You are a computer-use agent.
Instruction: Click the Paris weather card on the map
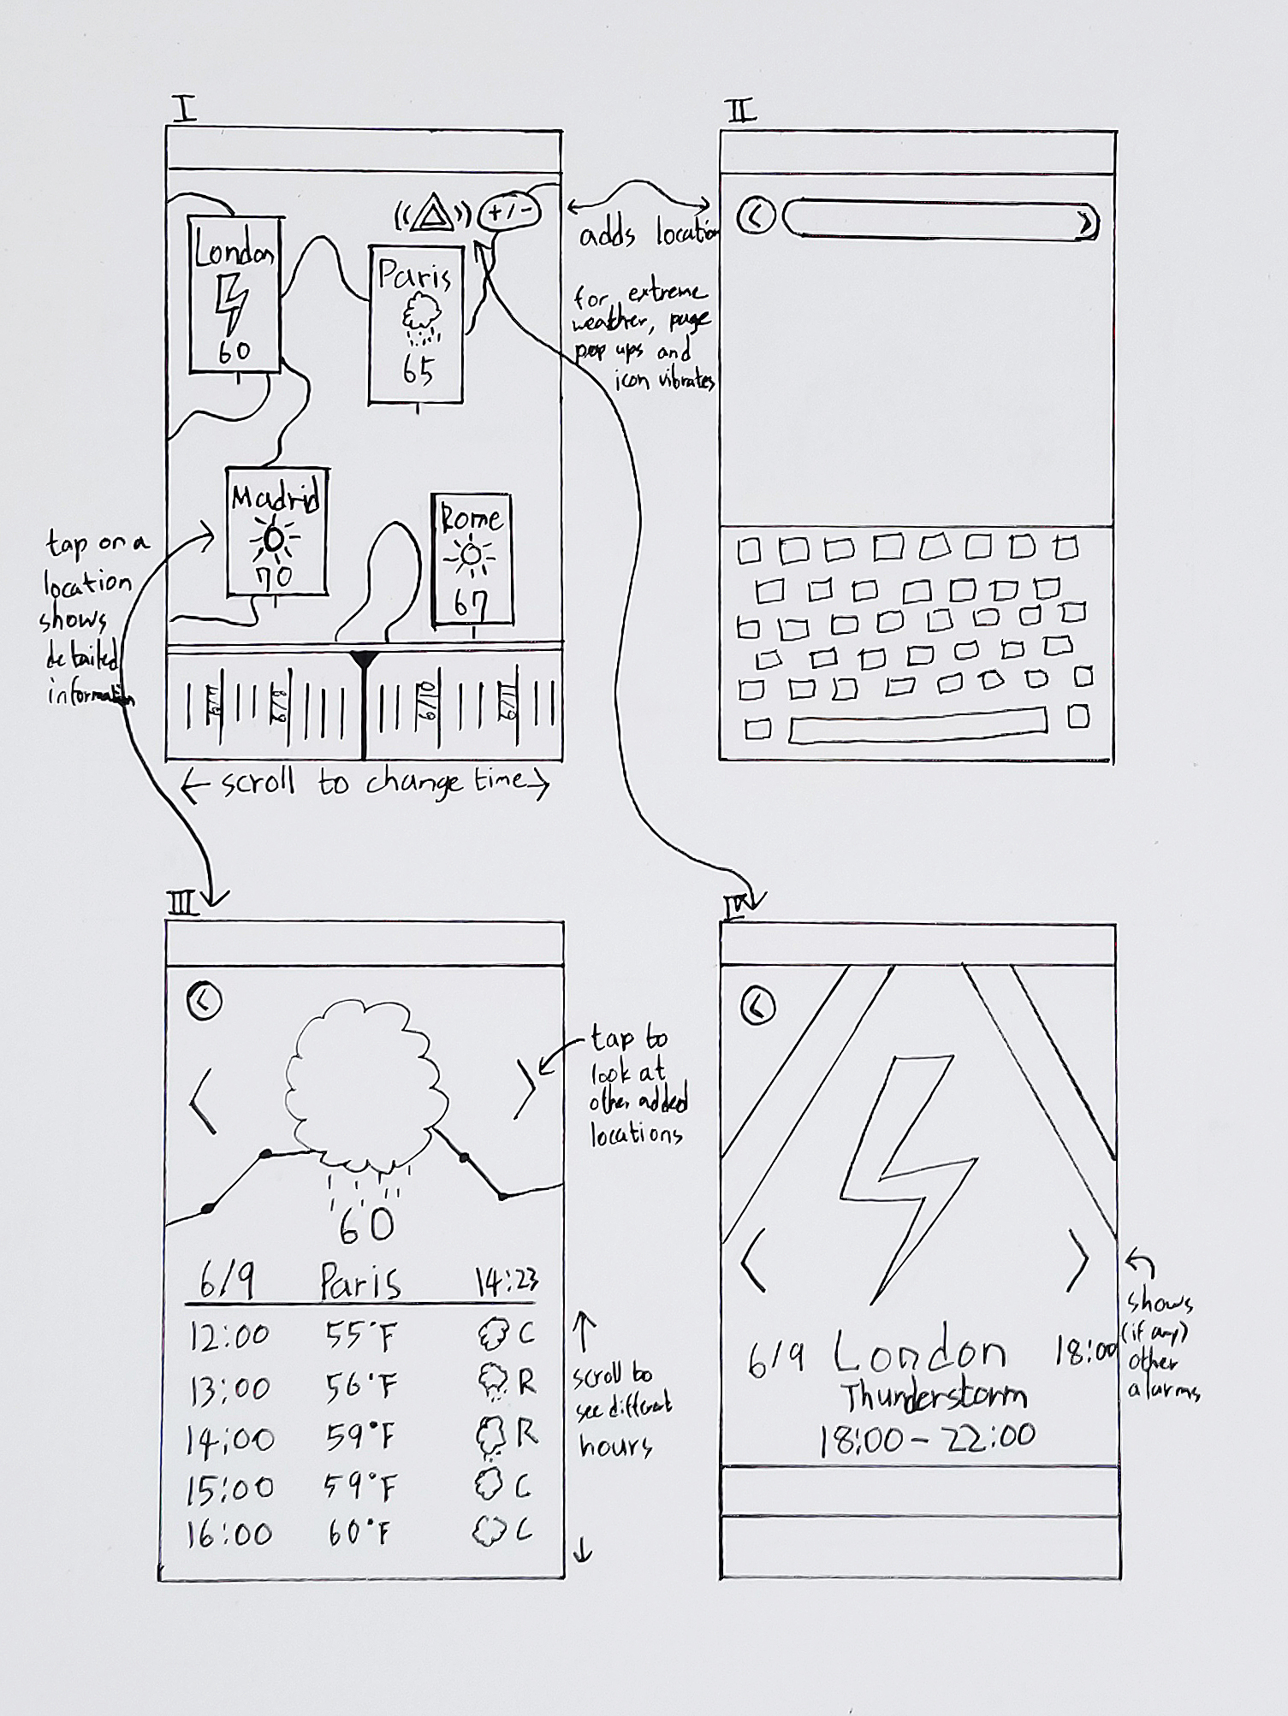tap(416, 325)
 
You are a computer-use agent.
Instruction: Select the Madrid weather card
tap(276, 531)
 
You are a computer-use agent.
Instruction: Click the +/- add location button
tap(509, 210)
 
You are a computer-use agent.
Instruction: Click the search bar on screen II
tap(939, 219)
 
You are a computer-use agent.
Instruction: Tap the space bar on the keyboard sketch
tap(917, 725)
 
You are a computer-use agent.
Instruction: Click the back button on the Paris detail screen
tap(204, 1000)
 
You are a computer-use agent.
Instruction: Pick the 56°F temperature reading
tap(361, 1386)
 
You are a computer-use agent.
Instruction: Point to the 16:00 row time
tap(229, 1535)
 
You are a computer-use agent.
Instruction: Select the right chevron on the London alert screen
tap(1080, 1260)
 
